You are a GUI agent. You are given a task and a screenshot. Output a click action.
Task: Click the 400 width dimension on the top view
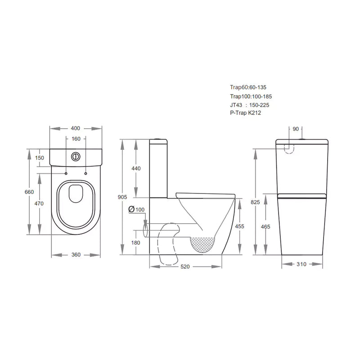click(x=76, y=128)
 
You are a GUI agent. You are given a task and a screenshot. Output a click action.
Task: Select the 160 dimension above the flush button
click(x=76, y=139)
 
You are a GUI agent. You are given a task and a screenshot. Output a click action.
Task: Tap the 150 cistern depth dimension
click(x=39, y=157)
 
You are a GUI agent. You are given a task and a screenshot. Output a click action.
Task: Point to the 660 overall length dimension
click(x=29, y=192)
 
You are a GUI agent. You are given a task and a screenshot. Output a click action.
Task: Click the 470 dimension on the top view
click(x=39, y=204)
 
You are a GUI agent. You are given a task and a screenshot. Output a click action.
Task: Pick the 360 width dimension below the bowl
click(x=76, y=255)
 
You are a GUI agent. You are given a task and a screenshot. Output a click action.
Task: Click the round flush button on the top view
click(x=76, y=157)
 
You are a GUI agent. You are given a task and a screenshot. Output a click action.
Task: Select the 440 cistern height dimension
click(x=136, y=168)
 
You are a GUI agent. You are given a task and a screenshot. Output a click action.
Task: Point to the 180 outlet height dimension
click(x=135, y=243)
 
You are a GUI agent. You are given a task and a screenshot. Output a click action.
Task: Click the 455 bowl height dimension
click(x=239, y=226)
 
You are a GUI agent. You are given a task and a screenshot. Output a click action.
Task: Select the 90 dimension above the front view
click(x=296, y=129)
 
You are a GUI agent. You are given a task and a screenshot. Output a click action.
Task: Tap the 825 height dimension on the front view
click(x=256, y=203)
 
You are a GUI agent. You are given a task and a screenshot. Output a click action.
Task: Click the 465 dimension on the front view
click(x=265, y=226)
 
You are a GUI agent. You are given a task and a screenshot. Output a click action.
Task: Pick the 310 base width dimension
click(x=301, y=264)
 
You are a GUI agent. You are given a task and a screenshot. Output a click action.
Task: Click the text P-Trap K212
click(x=245, y=113)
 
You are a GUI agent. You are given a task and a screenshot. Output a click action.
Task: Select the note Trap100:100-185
click(x=251, y=96)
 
